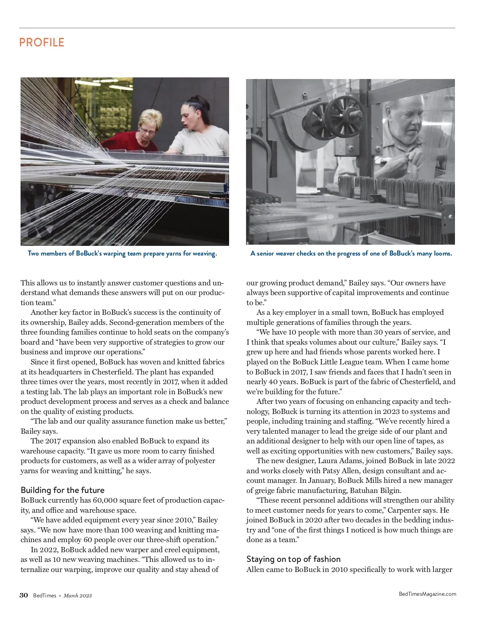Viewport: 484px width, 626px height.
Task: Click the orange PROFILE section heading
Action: tap(42, 42)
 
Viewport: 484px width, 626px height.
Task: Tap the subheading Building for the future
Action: tap(63, 490)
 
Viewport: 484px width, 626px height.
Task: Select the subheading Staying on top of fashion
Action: tap(293, 559)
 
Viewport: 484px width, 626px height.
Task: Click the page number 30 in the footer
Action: tap(24, 595)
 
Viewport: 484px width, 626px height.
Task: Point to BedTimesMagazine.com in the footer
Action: tap(428, 594)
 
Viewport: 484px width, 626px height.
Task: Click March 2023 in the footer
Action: tap(78, 596)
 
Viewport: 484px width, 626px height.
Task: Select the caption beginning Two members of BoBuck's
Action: tap(122, 254)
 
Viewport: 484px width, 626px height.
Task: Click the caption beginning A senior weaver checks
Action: tap(351, 254)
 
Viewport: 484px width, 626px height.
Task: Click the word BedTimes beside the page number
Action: tap(45, 596)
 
